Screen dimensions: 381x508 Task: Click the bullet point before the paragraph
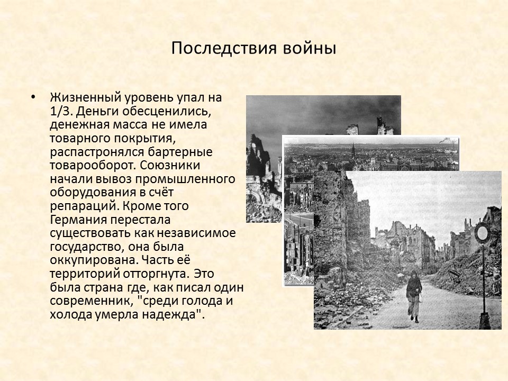(x=34, y=98)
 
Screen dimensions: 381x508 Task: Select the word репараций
(x=80, y=205)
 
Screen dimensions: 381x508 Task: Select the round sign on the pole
(x=482, y=232)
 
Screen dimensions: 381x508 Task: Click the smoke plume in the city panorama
(x=446, y=141)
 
